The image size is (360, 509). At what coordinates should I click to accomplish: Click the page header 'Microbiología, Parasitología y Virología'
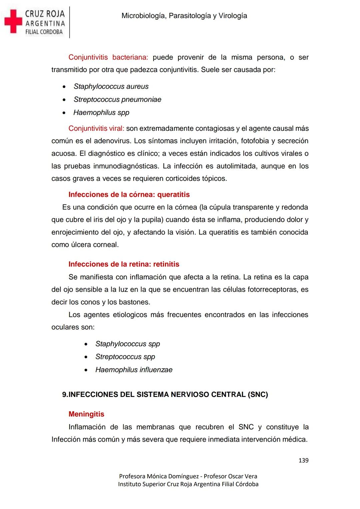[184, 16]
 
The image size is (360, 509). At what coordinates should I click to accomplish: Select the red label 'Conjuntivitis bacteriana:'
[108, 57]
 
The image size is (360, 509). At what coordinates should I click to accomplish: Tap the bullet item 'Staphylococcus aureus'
[111, 86]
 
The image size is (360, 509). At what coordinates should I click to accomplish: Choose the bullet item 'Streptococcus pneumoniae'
[117, 99]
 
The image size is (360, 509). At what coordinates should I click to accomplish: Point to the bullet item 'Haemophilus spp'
[101, 112]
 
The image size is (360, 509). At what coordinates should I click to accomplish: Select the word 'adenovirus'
[112, 141]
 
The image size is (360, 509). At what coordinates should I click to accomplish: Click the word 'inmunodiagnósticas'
[125, 166]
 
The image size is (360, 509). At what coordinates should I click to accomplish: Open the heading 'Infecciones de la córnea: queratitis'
[129, 194]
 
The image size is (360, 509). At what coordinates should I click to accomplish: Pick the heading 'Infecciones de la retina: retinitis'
[124, 264]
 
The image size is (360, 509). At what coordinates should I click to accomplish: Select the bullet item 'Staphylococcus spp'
[128, 344]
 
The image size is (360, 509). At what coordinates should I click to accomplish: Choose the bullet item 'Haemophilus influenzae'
[134, 370]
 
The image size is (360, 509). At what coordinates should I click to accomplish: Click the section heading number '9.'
[65, 395]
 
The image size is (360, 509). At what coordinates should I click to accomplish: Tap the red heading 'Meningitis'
[86, 414]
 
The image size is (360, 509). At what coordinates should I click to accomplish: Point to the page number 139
[303, 460]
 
